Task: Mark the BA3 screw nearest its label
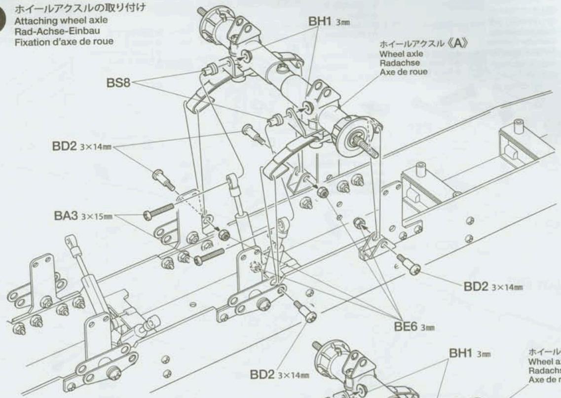[x=158, y=213]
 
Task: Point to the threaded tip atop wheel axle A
[x=201, y=11]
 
